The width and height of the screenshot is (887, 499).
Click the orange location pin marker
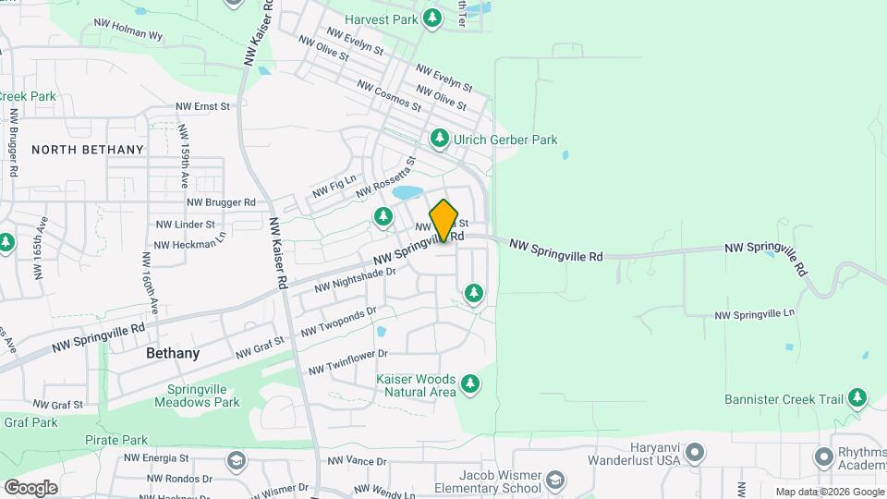443,220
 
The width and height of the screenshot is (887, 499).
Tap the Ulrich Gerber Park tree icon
440,139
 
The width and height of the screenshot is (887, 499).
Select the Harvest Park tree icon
431,18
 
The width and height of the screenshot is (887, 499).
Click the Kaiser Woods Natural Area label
416,385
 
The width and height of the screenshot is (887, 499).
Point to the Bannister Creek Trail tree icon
858,398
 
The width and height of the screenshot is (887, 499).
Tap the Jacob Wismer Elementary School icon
554,481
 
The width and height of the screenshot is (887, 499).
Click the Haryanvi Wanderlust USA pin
696,453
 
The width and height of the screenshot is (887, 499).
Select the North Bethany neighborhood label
88,149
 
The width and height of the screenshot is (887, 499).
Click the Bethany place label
173,353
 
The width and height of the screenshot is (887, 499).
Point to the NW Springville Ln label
755,315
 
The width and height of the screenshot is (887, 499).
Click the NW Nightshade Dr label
354,279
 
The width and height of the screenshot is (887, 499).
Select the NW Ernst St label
203,106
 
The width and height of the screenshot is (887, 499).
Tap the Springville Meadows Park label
203,396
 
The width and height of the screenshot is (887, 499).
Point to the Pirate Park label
116,440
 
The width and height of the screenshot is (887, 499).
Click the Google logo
30,487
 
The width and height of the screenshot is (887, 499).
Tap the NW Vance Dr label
357,461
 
